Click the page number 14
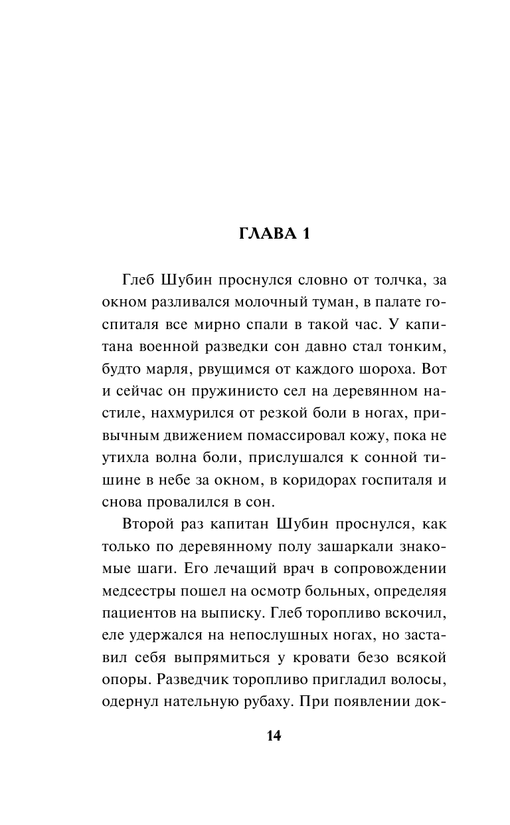pos(274,736)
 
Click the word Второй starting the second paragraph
pos(149,524)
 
